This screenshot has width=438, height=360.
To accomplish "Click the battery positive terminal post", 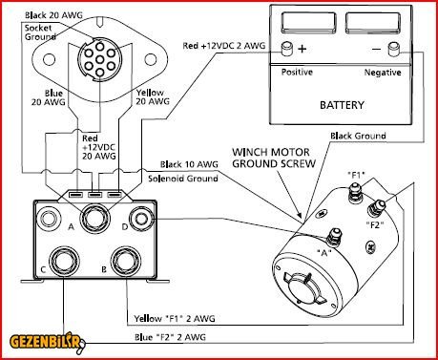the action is coord(288,49).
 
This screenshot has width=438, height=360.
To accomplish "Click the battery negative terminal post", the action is coord(395,50).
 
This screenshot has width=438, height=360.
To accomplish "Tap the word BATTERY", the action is coord(342,105).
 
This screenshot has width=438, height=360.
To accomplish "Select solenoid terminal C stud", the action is coord(64,261).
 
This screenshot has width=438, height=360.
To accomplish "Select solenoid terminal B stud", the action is coord(126,261).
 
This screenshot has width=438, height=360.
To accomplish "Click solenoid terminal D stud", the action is coord(141,219).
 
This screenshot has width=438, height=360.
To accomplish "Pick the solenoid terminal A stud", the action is coord(95,219).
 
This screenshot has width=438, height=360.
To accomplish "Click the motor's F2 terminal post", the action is coord(376,207).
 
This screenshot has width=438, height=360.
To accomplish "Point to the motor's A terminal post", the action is coord(334,237).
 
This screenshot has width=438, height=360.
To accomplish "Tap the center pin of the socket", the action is coord(100,59).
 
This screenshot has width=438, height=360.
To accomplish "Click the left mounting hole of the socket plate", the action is coord(49,59).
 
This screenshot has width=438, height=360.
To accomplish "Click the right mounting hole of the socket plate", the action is coord(151,59).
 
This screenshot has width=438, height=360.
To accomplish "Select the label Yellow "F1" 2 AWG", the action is coord(175,318).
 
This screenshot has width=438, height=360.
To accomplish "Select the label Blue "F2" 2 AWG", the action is coord(170,337).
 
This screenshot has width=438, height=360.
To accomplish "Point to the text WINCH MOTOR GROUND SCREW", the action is coord(274,158).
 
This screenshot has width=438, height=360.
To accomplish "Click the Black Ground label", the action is coord(358,137).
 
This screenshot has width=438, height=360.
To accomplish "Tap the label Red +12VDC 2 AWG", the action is coord(224,46).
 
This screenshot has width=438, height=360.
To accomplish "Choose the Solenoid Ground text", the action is coord(183,179).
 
